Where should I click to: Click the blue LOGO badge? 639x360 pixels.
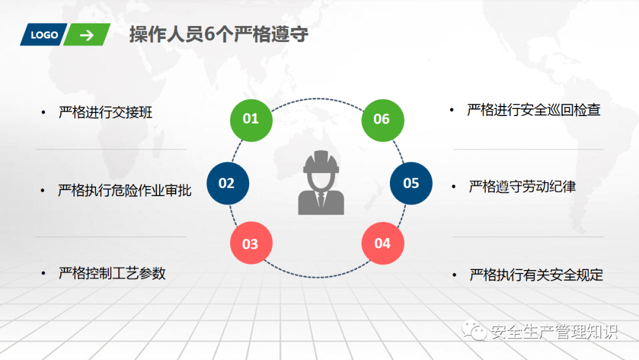click(x=44, y=35)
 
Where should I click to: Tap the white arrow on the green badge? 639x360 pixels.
click(x=86, y=35)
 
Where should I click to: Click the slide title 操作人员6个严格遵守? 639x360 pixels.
click(x=219, y=34)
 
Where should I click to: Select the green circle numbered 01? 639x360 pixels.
click(x=251, y=120)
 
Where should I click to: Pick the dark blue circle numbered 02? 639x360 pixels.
click(x=228, y=183)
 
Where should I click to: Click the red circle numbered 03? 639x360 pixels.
click(x=251, y=243)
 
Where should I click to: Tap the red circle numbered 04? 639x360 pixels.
click(x=383, y=243)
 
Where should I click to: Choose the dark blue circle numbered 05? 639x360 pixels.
click(x=411, y=183)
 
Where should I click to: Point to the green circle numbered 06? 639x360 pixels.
click(x=383, y=120)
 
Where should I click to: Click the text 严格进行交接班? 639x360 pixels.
click(x=105, y=112)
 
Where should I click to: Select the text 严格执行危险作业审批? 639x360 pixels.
click(x=125, y=190)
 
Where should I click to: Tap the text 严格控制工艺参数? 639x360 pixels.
click(x=112, y=273)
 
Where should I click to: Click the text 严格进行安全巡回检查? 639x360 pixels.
click(x=534, y=110)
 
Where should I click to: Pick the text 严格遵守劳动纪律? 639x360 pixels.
click(x=522, y=187)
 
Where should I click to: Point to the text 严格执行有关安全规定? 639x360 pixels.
click(x=536, y=275)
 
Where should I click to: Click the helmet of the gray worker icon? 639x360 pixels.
click(x=321, y=162)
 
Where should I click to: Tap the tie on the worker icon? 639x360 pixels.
click(x=321, y=200)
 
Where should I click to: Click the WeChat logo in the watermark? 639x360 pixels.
click(x=474, y=331)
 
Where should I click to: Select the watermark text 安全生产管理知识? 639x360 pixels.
click(x=554, y=332)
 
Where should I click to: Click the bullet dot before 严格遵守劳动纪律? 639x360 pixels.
click(x=454, y=187)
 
